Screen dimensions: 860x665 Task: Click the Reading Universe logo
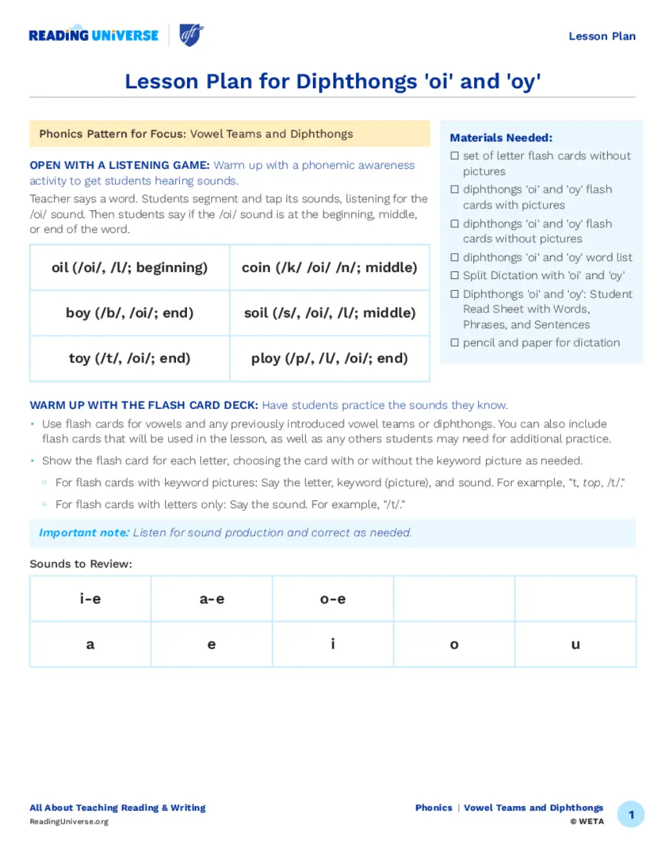tap(94, 36)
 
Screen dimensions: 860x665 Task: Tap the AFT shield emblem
tap(191, 35)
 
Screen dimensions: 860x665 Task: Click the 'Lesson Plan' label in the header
tap(602, 36)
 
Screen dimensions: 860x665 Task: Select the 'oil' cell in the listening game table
tap(130, 267)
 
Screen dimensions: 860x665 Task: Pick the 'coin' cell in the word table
tap(329, 267)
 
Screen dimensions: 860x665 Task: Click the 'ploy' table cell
tap(329, 358)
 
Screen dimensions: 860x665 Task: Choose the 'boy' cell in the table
tap(130, 313)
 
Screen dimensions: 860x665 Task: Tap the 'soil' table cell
tap(329, 313)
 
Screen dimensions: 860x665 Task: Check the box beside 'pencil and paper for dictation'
tap(455, 343)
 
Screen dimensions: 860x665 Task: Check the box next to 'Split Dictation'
tap(455, 275)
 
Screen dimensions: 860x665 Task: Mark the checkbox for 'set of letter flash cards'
tap(455, 156)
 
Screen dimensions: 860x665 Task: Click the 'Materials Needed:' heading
tap(501, 138)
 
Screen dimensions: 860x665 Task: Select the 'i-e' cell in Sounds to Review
tap(90, 599)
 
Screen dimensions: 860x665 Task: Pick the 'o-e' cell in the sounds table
tap(332, 599)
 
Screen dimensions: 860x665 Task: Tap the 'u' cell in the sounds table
tap(575, 645)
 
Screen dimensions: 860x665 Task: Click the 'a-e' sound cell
tap(212, 599)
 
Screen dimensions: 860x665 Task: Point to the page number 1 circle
tap(631, 815)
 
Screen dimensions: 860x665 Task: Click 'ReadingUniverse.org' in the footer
tap(69, 822)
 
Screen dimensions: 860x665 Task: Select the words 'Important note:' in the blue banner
tap(84, 533)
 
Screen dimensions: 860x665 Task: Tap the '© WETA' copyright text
tap(587, 822)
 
